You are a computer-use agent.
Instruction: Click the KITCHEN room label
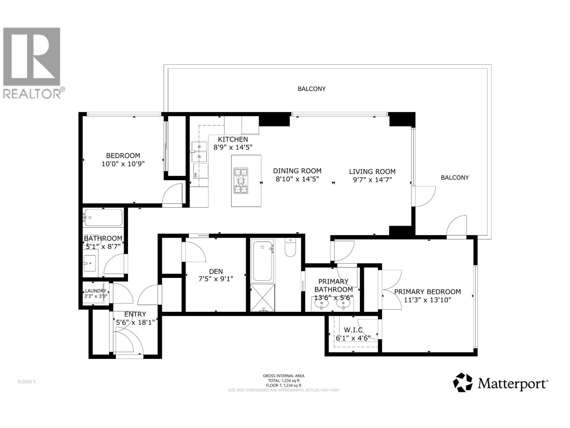coord(233,139)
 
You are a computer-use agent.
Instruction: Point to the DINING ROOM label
coord(297,171)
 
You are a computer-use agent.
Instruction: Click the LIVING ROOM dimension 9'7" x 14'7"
coord(372,180)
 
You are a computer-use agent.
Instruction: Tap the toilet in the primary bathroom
coord(290,248)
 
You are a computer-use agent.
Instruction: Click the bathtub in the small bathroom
coord(103,217)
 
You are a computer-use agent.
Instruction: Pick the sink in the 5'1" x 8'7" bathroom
coord(90,263)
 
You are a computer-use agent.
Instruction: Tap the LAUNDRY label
coord(96,291)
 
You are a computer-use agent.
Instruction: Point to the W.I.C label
coord(353,330)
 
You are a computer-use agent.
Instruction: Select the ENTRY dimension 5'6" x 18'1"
coord(135,322)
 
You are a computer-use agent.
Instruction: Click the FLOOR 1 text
coord(26,382)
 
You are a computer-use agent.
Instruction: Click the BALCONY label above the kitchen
coord(312,89)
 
